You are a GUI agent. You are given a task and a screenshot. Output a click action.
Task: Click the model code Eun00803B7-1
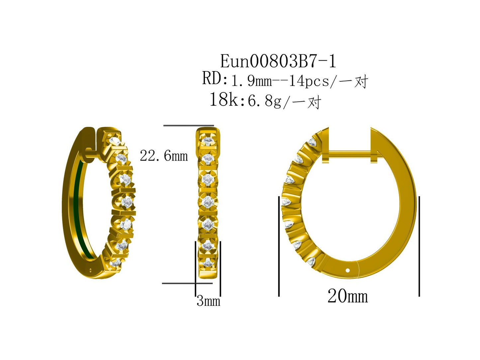tap(278, 61)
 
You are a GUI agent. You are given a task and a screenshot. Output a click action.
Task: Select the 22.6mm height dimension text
tap(164, 156)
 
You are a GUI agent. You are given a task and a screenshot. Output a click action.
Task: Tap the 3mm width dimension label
tap(208, 301)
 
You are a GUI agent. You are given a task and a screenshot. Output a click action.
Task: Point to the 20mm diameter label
tap(347, 296)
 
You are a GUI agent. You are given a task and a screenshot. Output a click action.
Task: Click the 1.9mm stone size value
tap(251, 81)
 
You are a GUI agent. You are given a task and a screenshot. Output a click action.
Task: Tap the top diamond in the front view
tap(208, 141)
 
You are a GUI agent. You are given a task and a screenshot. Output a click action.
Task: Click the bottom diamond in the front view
tap(208, 263)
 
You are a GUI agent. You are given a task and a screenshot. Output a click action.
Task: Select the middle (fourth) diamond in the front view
tap(208, 202)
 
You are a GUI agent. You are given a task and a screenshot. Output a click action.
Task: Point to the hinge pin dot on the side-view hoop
tap(347, 270)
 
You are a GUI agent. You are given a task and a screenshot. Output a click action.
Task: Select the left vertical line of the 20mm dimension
tap(279, 246)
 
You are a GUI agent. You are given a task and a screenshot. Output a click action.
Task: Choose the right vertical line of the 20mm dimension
tap(419, 246)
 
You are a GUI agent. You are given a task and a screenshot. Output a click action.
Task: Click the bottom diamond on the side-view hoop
tap(311, 261)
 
